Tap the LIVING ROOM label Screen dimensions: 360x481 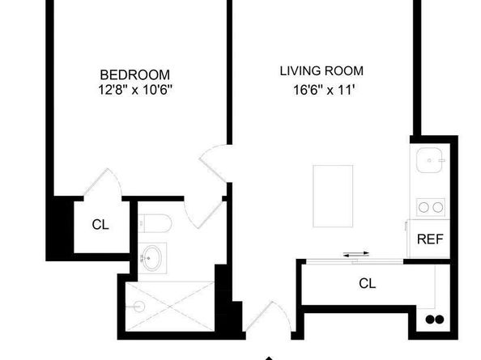click(321, 70)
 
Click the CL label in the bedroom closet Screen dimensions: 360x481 click(100, 225)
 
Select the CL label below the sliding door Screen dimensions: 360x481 click(367, 283)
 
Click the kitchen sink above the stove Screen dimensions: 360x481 click(430, 163)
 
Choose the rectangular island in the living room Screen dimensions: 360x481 click(334, 197)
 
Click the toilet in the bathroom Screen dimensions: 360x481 click(154, 222)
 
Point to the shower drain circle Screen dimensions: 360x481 click(140, 307)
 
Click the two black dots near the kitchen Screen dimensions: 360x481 click(435, 318)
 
